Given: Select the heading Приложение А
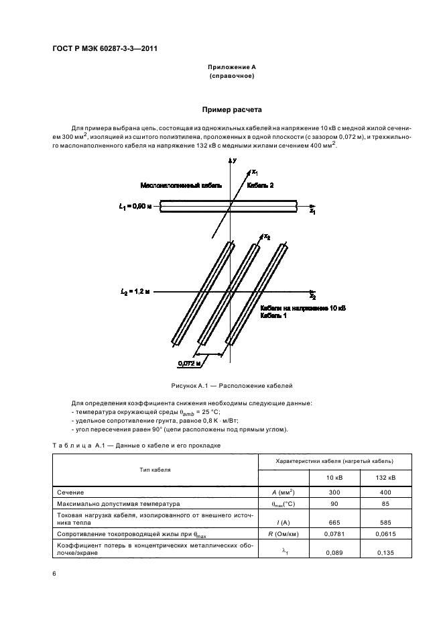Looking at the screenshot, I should point(231,67).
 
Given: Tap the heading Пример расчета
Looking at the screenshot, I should point(232,109).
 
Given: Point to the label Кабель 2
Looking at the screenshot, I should point(260,185).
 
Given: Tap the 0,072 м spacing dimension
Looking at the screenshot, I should point(190,364).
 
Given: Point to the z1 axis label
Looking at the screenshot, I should point(312,211).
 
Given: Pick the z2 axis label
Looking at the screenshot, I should point(312,297).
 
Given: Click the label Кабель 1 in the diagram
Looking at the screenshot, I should point(273,315).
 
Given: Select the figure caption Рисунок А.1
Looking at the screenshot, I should point(231,386).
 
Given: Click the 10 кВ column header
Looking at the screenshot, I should point(334,478).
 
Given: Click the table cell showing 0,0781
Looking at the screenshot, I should point(334,535).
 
